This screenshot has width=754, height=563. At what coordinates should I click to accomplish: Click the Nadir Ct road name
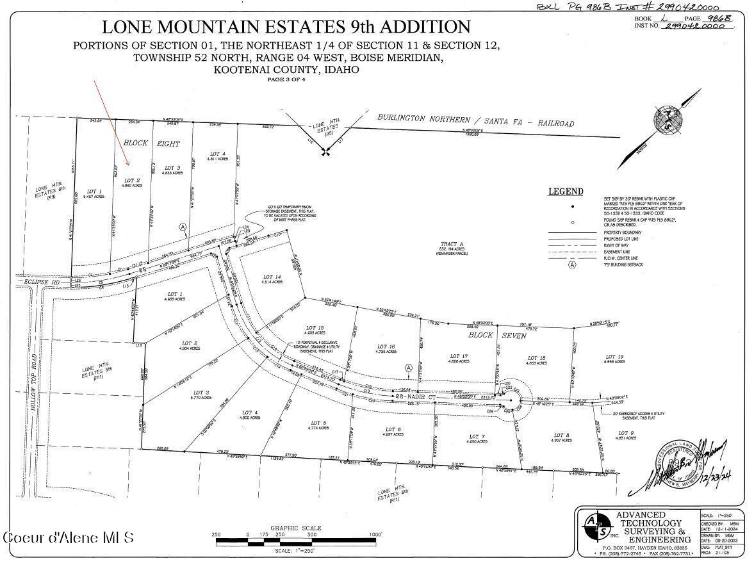[x=419, y=398]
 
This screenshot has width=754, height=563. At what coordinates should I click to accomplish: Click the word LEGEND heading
[x=565, y=192]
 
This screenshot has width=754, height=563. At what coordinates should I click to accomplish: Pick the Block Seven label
[x=505, y=336]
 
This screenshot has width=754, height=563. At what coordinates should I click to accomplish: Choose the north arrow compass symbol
[x=670, y=122]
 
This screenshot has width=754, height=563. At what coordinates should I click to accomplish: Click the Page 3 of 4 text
[x=286, y=80]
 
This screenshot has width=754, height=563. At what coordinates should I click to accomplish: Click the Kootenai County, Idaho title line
[x=286, y=70]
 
